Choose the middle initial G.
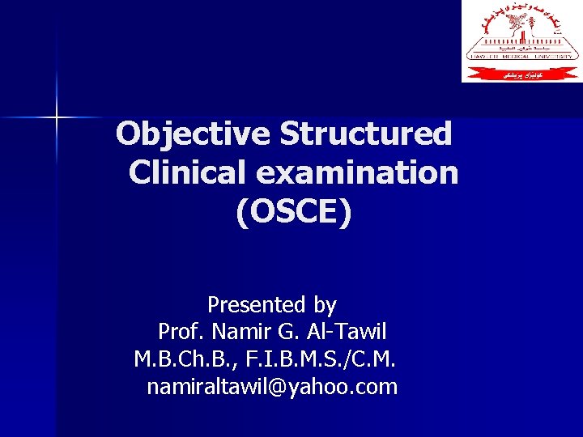click(x=287, y=332)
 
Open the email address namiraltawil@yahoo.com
click(x=272, y=387)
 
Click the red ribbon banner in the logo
click(x=522, y=74)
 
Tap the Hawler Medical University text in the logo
click(x=522, y=56)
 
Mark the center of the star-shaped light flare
click(x=57, y=118)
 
